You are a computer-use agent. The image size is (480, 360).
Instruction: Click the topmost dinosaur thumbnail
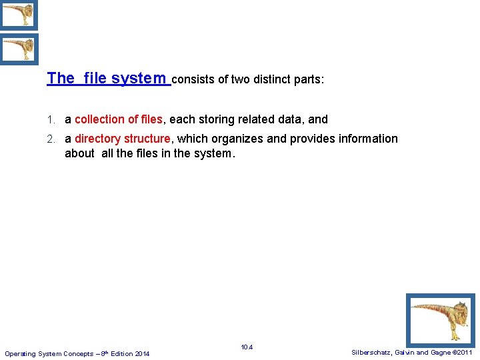pos(18,15)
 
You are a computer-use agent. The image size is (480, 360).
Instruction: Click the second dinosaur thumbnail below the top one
pos(18,49)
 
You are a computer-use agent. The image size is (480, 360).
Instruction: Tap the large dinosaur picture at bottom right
pos(441,320)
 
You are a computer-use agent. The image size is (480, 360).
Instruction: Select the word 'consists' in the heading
pos(193,79)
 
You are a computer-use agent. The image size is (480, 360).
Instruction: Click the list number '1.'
pos(51,120)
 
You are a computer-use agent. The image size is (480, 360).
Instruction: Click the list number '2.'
pos(51,139)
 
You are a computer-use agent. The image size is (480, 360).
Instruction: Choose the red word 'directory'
pos(97,139)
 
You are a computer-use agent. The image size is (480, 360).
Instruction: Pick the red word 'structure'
pos(147,139)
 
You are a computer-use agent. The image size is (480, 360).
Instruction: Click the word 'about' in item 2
pos(80,153)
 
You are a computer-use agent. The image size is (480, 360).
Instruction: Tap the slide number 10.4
pos(247,347)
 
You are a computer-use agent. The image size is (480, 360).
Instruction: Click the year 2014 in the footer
pos(141,353)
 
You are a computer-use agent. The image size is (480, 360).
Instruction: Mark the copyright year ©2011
pos(461,352)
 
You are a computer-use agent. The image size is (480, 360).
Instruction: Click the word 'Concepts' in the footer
pos(75,353)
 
